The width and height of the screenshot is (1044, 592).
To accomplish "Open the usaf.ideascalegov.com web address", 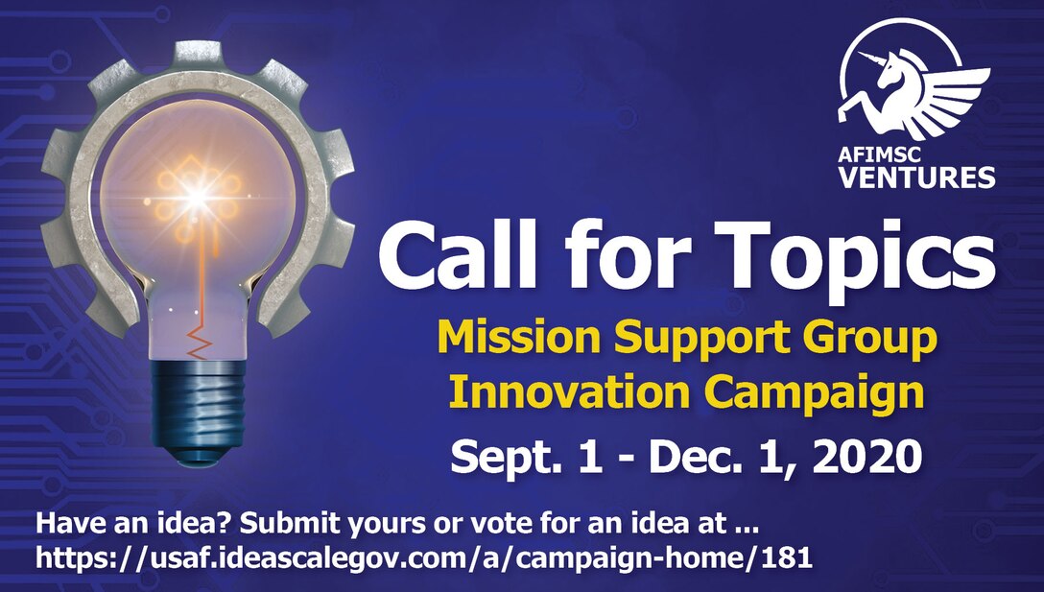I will pyautogui.click(x=422, y=556).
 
